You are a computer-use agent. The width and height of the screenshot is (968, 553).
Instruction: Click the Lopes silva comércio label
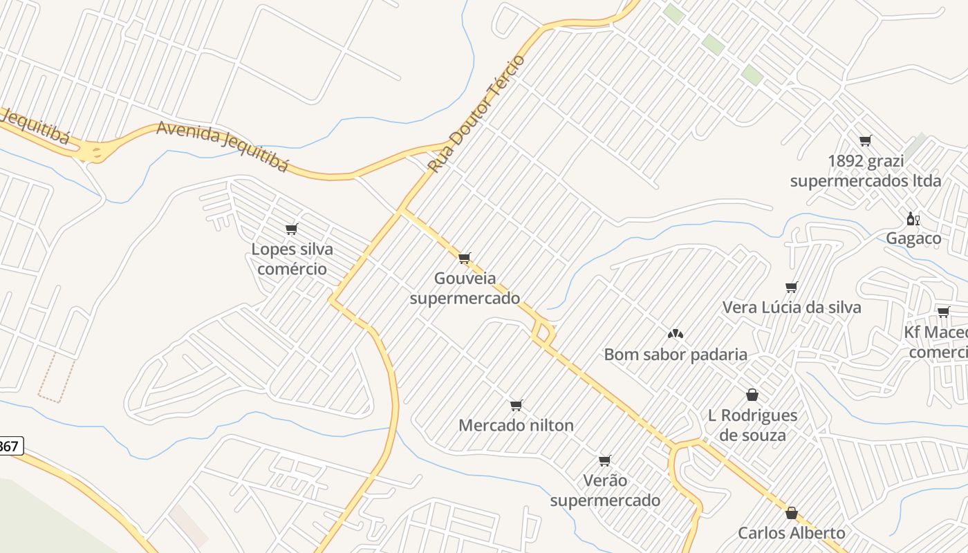point(292,259)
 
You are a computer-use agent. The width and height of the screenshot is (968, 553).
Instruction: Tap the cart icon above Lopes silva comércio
point(291,229)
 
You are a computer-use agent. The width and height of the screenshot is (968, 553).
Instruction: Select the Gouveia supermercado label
point(465,288)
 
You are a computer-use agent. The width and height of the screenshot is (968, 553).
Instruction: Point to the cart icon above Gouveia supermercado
point(465,259)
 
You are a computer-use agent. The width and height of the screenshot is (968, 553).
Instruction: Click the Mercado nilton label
point(516,425)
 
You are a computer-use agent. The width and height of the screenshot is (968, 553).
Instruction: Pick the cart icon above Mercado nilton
point(516,405)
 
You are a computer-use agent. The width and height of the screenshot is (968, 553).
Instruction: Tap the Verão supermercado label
point(605,490)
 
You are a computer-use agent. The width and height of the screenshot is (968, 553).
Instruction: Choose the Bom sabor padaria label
point(676,355)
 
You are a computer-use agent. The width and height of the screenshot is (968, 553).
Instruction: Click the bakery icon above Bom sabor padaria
point(676,334)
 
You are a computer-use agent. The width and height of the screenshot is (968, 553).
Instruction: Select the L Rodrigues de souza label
point(752,425)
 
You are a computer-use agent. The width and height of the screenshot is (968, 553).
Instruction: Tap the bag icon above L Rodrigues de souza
point(752,395)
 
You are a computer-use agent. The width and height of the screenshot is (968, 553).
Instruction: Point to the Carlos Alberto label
point(791,533)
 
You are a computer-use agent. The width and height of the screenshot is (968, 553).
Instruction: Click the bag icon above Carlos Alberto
point(791,513)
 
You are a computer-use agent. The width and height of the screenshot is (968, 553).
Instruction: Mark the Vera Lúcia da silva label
point(792,307)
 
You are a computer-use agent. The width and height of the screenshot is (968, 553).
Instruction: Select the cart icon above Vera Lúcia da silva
point(792,287)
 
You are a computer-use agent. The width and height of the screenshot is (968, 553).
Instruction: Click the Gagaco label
point(913,238)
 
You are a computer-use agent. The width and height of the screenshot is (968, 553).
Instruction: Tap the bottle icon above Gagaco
point(913,219)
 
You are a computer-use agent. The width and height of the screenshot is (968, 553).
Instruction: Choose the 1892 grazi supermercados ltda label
point(865,171)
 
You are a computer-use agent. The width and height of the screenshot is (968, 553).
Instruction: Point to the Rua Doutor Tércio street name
point(476,115)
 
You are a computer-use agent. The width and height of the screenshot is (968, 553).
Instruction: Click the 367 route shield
point(10,447)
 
